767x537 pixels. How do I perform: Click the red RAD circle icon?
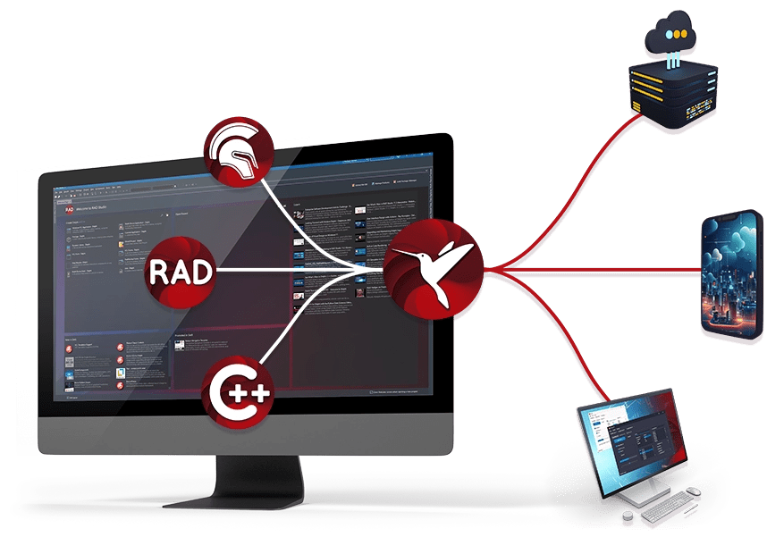click(181, 272)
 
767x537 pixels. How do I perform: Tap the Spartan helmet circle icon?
click(235, 151)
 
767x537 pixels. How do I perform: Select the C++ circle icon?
click(235, 390)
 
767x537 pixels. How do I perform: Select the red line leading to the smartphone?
click(608, 266)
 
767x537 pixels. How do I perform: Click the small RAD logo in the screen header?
click(59, 207)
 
